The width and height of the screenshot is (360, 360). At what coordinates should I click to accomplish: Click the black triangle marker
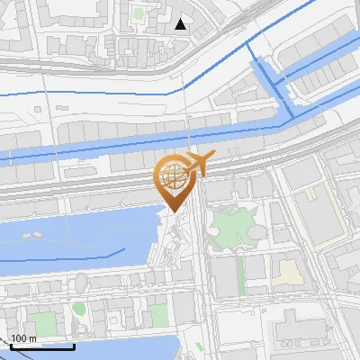pyautogui.click(x=181, y=24)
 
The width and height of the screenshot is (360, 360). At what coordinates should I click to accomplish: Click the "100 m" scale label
pyautogui.click(x=23, y=337)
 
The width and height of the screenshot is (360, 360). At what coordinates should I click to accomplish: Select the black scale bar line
pyautogui.click(x=42, y=346)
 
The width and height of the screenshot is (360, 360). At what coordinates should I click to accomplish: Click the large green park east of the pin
pyautogui.click(x=236, y=224)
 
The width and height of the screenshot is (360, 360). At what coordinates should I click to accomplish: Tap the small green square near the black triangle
pyautogui.click(x=139, y=13)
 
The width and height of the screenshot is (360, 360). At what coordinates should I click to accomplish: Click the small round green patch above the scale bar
pyautogui.click(x=78, y=310)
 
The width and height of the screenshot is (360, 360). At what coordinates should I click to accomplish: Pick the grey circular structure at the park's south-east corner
pyautogui.click(x=262, y=235)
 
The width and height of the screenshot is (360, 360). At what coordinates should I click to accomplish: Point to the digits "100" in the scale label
pyautogui.click(x=19, y=337)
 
